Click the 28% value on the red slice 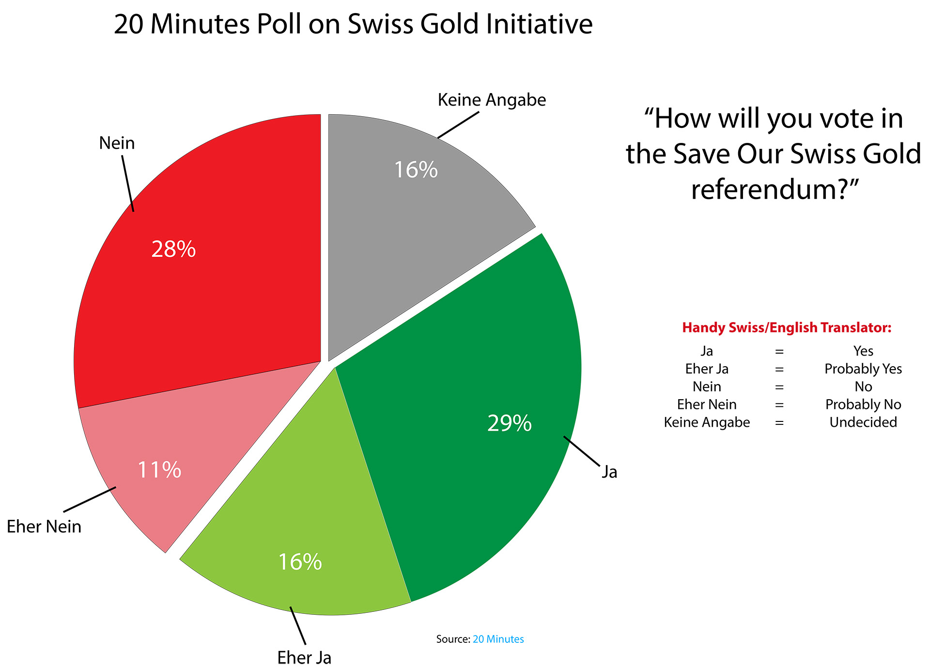point(173,249)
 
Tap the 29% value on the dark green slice point(509,423)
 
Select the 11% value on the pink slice point(159,470)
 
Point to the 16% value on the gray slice point(416,170)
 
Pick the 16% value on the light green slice point(300,562)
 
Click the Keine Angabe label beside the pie point(492,100)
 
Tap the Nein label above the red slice point(117,143)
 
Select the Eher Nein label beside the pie point(44,527)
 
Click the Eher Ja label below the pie point(304,657)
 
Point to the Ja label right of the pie point(609,472)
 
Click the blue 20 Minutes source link point(498,639)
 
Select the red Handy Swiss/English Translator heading point(787,327)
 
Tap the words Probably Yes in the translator point(863,369)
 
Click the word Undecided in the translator point(863,422)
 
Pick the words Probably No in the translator point(863,404)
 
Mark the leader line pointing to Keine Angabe point(458,125)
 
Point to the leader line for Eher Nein point(90,499)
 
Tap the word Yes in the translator point(863,351)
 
